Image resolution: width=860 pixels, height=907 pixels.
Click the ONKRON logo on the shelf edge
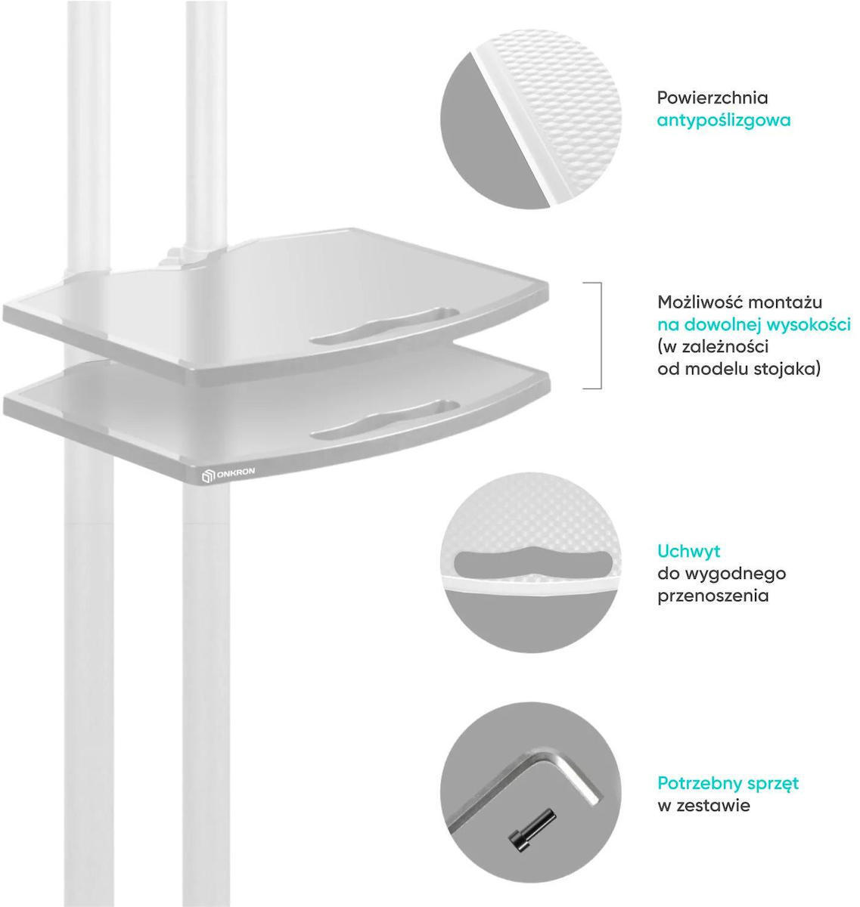point(228,474)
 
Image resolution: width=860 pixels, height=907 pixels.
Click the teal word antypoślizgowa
point(723,121)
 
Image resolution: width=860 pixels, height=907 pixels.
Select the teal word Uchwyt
point(688,551)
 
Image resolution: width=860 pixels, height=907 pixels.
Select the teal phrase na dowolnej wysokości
point(754,325)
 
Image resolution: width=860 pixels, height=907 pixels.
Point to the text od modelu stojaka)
point(739,369)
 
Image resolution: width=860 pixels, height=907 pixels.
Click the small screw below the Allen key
point(532,832)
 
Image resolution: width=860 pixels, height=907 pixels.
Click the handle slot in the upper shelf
point(384,325)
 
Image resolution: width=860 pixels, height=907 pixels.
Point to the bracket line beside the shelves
point(601,336)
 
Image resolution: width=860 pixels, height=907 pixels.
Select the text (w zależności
point(713,347)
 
